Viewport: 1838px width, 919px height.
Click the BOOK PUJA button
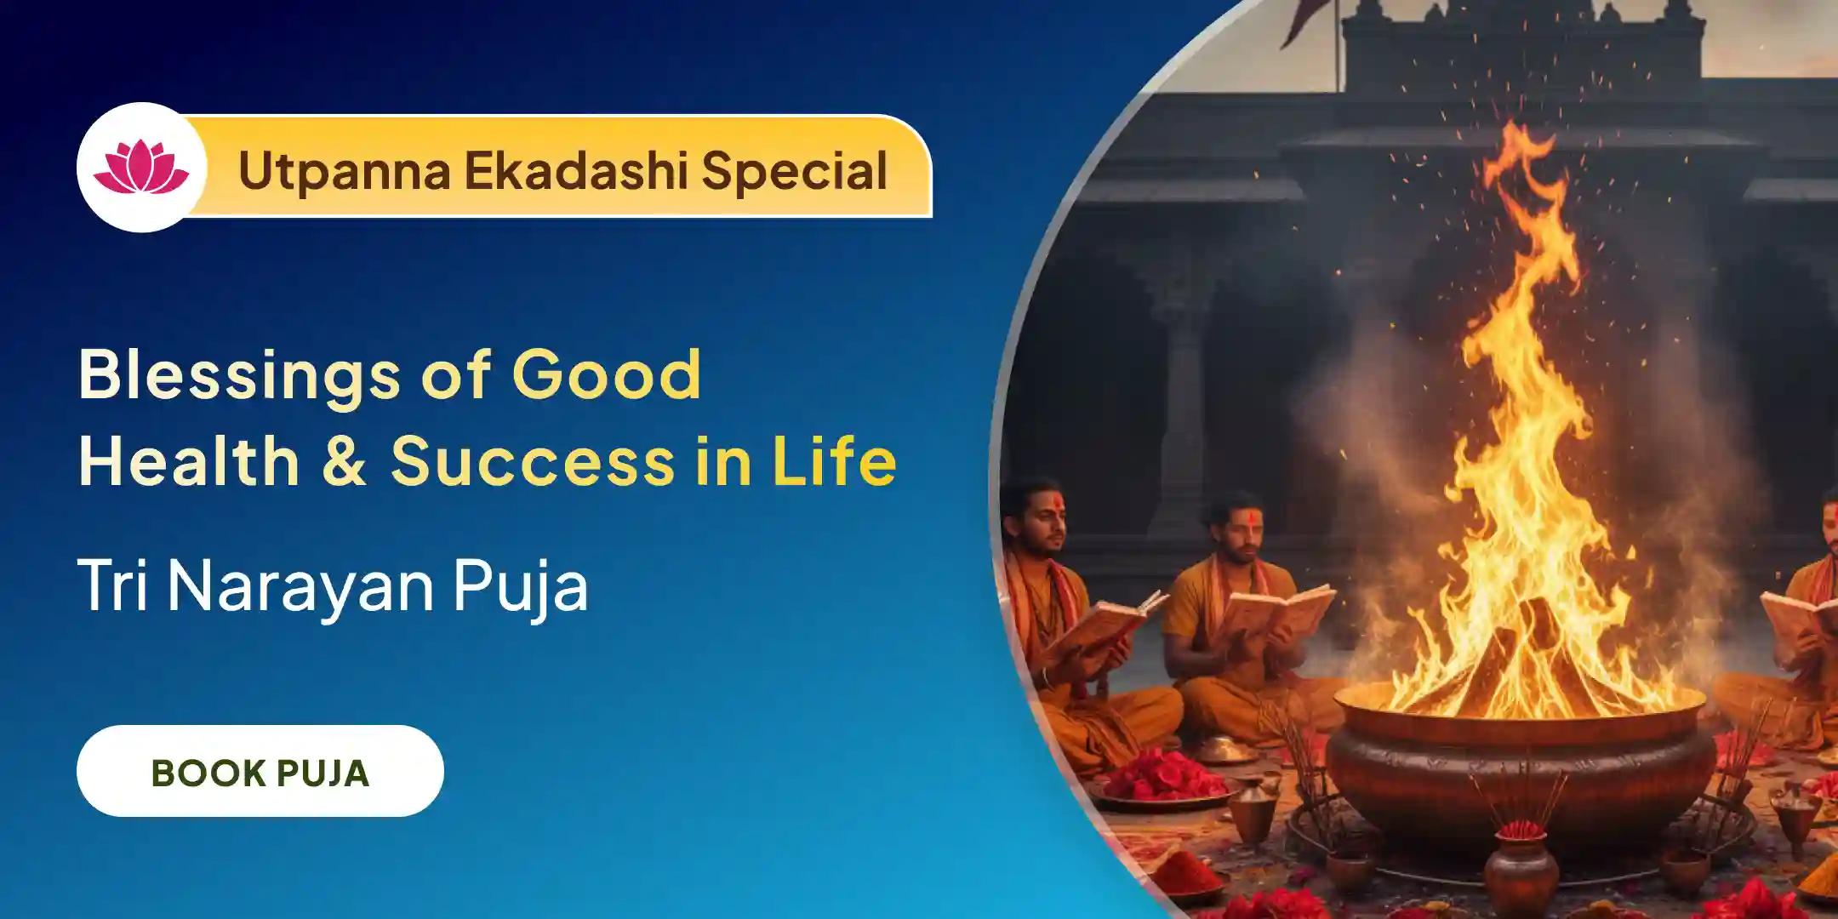tap(260, 772)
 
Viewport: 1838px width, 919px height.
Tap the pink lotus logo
tap(141, 168)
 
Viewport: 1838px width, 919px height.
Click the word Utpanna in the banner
tap(344, 171)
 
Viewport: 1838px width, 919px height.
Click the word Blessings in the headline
tap(239, 375)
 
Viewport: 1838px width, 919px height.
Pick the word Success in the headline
tap(533, 462)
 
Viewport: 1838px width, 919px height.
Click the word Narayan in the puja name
tap(303, 586)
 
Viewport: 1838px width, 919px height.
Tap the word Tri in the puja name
tap(114, 586)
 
